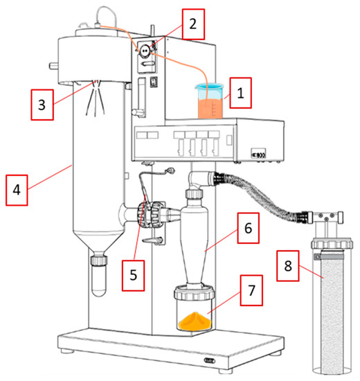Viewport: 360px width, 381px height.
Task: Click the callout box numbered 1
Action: (x=240, y=93)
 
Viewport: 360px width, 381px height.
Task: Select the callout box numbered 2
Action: (x=193, y=24)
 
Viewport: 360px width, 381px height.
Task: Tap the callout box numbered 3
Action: (x=42, y=105)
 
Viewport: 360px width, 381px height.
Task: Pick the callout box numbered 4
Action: (x=17, y=190)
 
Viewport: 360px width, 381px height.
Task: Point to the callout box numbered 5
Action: (x=133, y=275)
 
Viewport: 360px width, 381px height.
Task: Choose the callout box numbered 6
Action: (x=249, y=228)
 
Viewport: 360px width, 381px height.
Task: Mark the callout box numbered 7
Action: (x=251, y=290)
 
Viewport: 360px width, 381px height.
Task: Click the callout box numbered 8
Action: (x=288, y=266)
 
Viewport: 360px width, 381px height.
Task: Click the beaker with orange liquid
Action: (x=210, y=101)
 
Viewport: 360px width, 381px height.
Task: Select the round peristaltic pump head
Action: (x=145, y=51)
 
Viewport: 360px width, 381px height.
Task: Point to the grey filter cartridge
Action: (x=332, y=312)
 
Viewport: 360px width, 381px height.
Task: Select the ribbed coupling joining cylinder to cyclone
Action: (x=148, y=214)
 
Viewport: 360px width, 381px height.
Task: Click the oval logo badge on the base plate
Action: (x=210, y=360)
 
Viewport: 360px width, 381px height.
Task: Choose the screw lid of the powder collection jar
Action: (x=195, y=293)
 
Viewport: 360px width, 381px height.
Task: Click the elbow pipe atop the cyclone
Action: (x=199, y=180)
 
